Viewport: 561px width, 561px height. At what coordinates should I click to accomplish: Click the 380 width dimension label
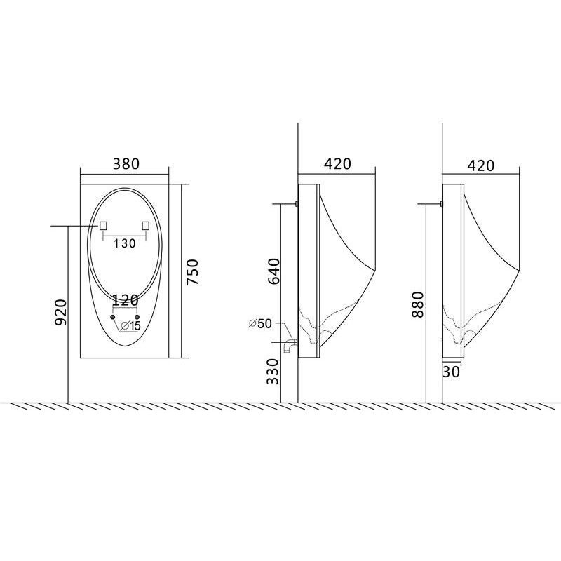point(126,164)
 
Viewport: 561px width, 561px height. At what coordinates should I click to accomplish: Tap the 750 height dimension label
point(192,272)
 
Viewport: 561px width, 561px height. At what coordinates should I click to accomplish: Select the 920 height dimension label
point(60,312)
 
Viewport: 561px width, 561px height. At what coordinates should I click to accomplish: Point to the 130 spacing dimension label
point(125,243)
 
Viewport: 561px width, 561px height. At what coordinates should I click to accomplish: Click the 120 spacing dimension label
point(126,300)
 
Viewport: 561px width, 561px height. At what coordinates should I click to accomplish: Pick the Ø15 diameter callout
point(130,326)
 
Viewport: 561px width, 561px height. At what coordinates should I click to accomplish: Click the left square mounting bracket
point(103,225)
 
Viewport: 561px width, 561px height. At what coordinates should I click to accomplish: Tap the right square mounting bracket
point(146,225)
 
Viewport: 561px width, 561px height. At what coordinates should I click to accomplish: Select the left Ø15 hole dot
point(113,318)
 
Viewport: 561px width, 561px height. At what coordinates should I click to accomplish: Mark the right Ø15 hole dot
point(137,318)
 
